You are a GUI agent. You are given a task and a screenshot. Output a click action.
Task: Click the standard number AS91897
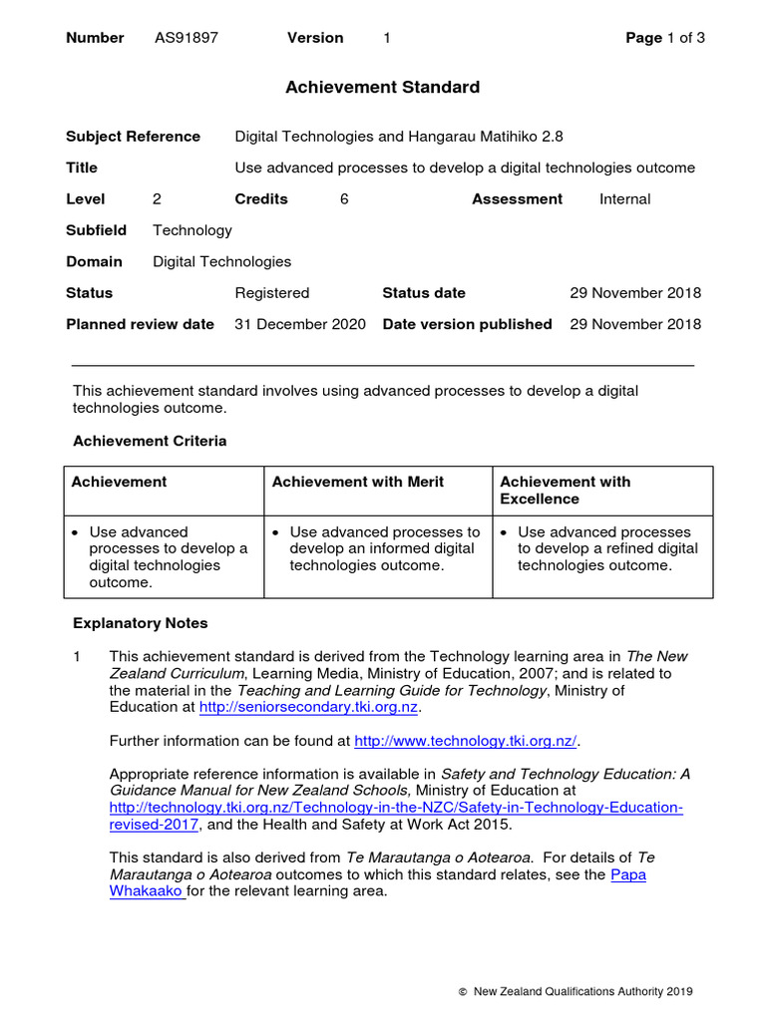click(x=186, y=38)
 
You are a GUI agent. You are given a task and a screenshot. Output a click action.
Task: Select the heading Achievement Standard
click(x=382, y=88)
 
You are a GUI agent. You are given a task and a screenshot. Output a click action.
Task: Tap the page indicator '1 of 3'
click(x=687, y=38)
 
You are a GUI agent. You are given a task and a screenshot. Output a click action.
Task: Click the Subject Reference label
click(x=133, y=137)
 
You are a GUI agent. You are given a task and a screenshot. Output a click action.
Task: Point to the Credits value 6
click(x=344, y=199)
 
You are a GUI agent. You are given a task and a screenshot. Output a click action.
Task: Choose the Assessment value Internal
click(x=624, y=199)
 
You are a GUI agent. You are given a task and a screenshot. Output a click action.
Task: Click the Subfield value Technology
click(x=191, y=230)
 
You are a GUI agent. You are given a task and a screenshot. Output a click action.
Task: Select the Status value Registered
click(x=271, y=293)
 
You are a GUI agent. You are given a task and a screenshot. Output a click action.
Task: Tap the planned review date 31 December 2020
click(x=299, y=324)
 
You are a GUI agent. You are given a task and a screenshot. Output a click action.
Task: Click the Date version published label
click(x=467, y=324)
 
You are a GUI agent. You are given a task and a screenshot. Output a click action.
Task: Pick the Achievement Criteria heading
click(x=150, y=441)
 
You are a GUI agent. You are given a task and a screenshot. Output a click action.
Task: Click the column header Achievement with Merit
click(x=358, y=482)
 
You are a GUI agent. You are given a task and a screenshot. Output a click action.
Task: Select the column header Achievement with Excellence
click(x=565, y=490)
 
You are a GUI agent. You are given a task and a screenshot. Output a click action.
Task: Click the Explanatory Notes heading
click(x=141, y=623)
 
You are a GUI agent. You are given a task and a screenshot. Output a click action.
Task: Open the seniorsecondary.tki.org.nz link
click(x=309, y=706)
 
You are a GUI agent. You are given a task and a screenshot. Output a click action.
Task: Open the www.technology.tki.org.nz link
click(x=466, y=741)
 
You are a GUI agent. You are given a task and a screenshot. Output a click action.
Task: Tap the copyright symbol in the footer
click(x=463, y=992)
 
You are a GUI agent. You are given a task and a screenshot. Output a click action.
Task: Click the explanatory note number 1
click(x=78, y=656)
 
